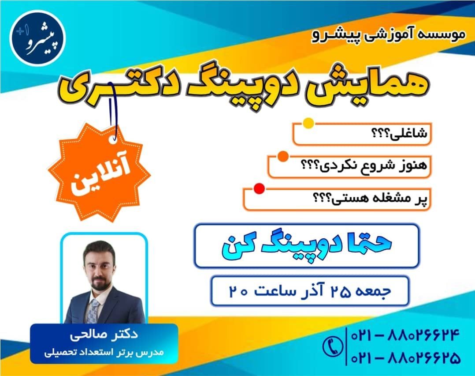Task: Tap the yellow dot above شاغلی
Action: coord(308,124)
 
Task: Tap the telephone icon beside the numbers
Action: coord(334,346)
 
